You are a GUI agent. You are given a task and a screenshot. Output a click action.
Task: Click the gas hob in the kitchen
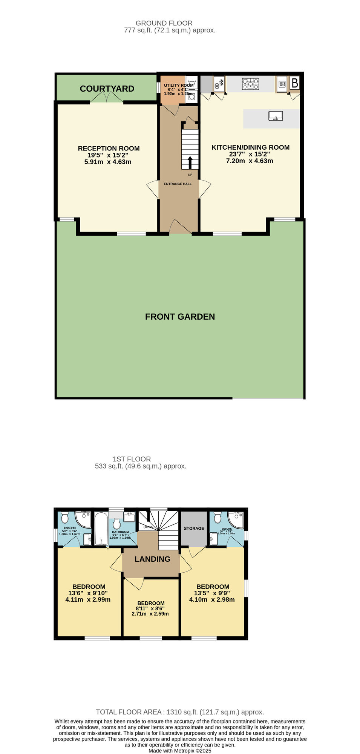click(x=251, y=84)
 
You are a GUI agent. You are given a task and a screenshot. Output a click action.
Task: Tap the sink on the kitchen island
click(x=276, y=116)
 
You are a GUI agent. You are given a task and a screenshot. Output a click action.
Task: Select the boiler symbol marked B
click(x=295, y=83)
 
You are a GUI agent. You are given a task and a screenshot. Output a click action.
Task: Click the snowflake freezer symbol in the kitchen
click(x=219, y=84)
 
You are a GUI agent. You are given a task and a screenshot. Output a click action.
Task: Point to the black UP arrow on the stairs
click(x=190, y=162)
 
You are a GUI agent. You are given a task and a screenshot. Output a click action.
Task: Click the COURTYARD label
click(x=107, y=89)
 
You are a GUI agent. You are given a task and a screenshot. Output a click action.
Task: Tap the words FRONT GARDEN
click(x=180, y=317)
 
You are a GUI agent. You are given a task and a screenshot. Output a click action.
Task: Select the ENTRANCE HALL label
click(x=178, y=184)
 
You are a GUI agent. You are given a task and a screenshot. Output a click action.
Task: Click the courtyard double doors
click(x=107, y=98)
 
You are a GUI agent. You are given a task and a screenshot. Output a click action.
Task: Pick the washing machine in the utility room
click(x=192, y=96)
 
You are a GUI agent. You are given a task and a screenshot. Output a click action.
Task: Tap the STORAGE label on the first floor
click(x=194, y=528)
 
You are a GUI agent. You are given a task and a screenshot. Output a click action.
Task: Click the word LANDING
click(x=152, y=559)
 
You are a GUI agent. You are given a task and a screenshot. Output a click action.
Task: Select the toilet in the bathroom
click(x=116, y=524)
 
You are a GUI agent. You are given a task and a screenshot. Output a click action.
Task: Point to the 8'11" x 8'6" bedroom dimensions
click(x=150, y=608)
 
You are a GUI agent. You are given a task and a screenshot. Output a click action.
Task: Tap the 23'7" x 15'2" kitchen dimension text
click(x=250, y=154)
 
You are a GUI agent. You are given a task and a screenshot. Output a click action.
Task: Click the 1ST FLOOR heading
click(x=132, y=459)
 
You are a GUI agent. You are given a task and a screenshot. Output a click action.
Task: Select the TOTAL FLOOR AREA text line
click(x=180, y=712)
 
